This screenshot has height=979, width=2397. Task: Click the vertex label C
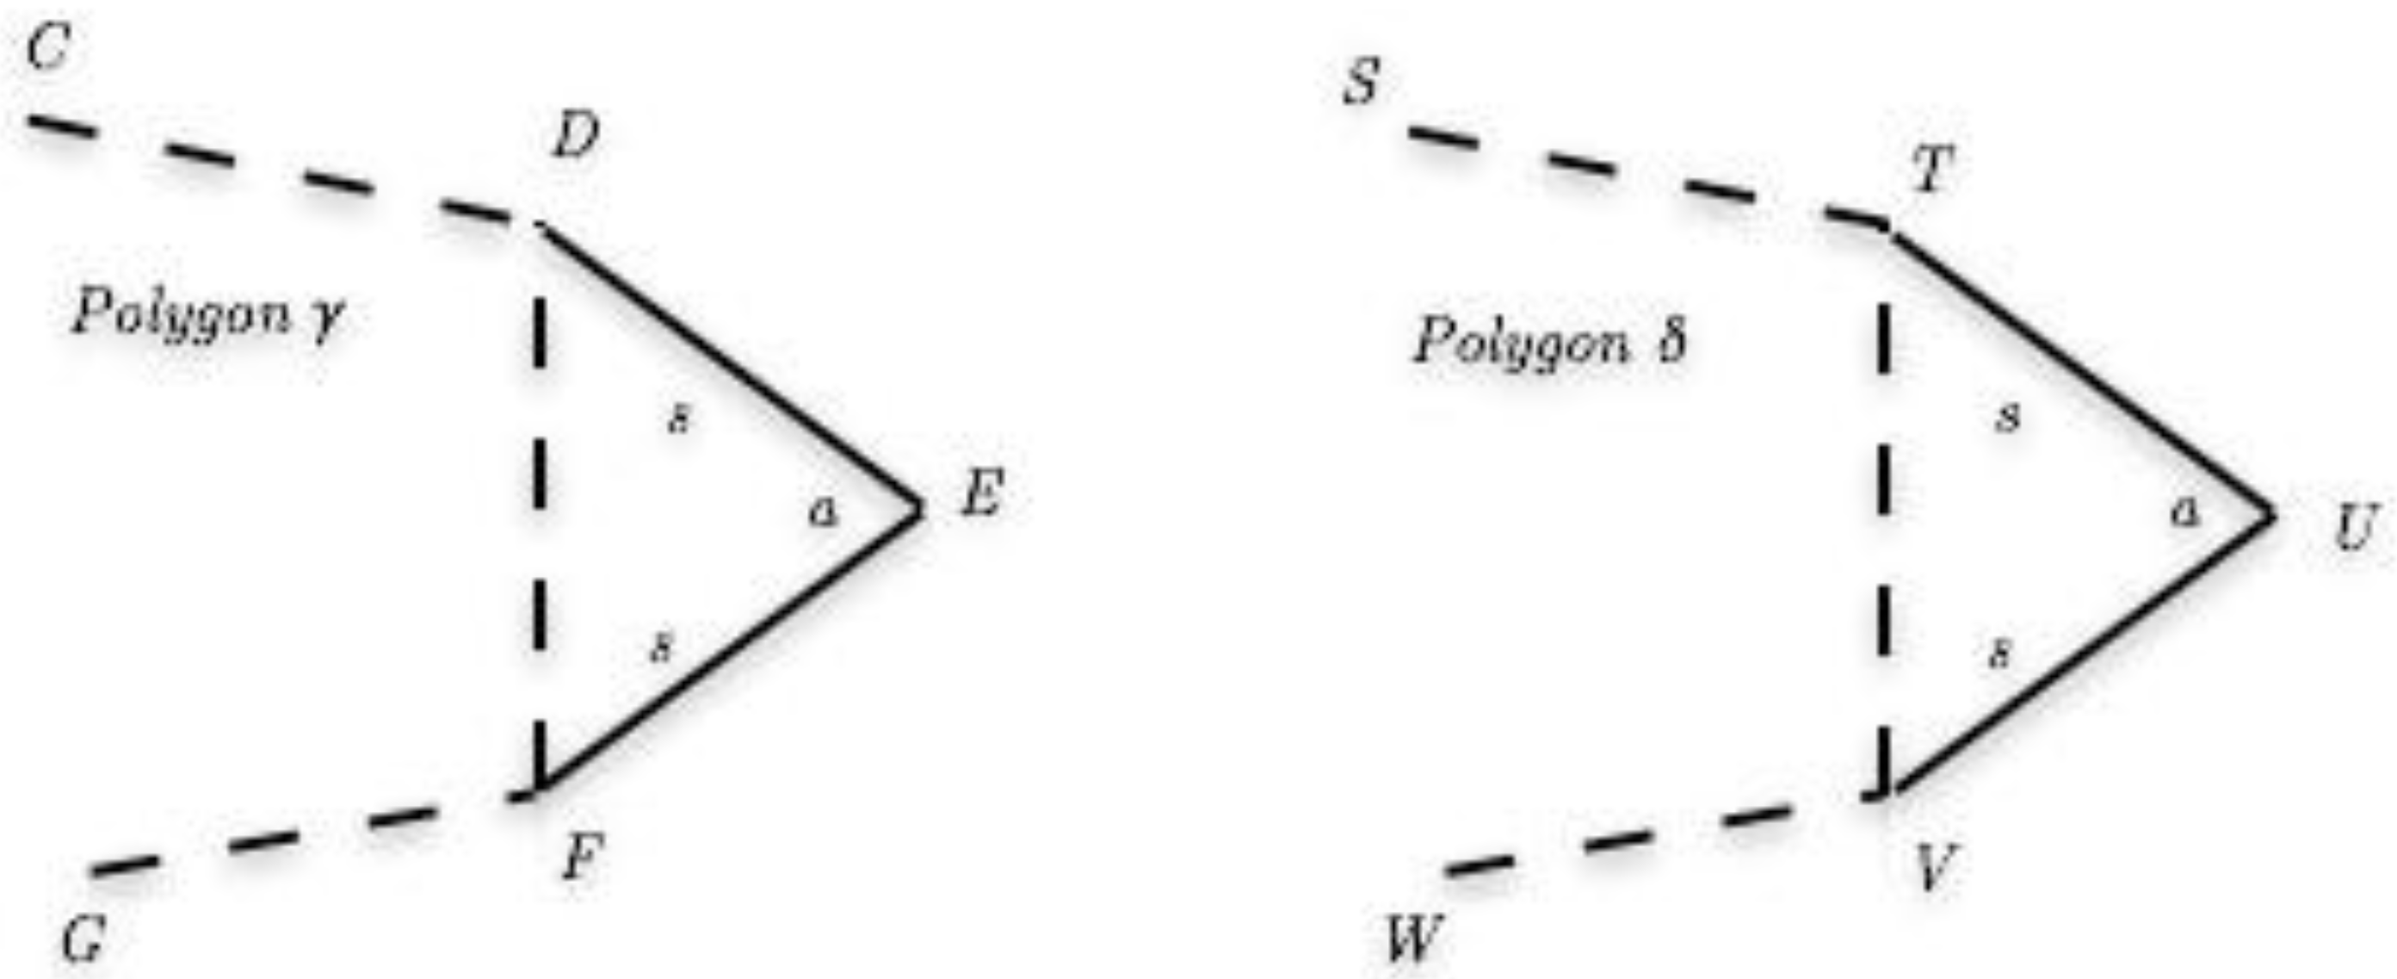coord(47,47)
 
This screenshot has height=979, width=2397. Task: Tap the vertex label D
coord(576,139)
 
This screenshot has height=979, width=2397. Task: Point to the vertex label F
coord(583,856)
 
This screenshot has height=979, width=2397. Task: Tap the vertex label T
coord(1931,170)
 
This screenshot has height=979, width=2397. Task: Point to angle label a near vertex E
coord(823,510)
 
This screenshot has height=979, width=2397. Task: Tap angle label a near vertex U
coord(2187,510)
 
